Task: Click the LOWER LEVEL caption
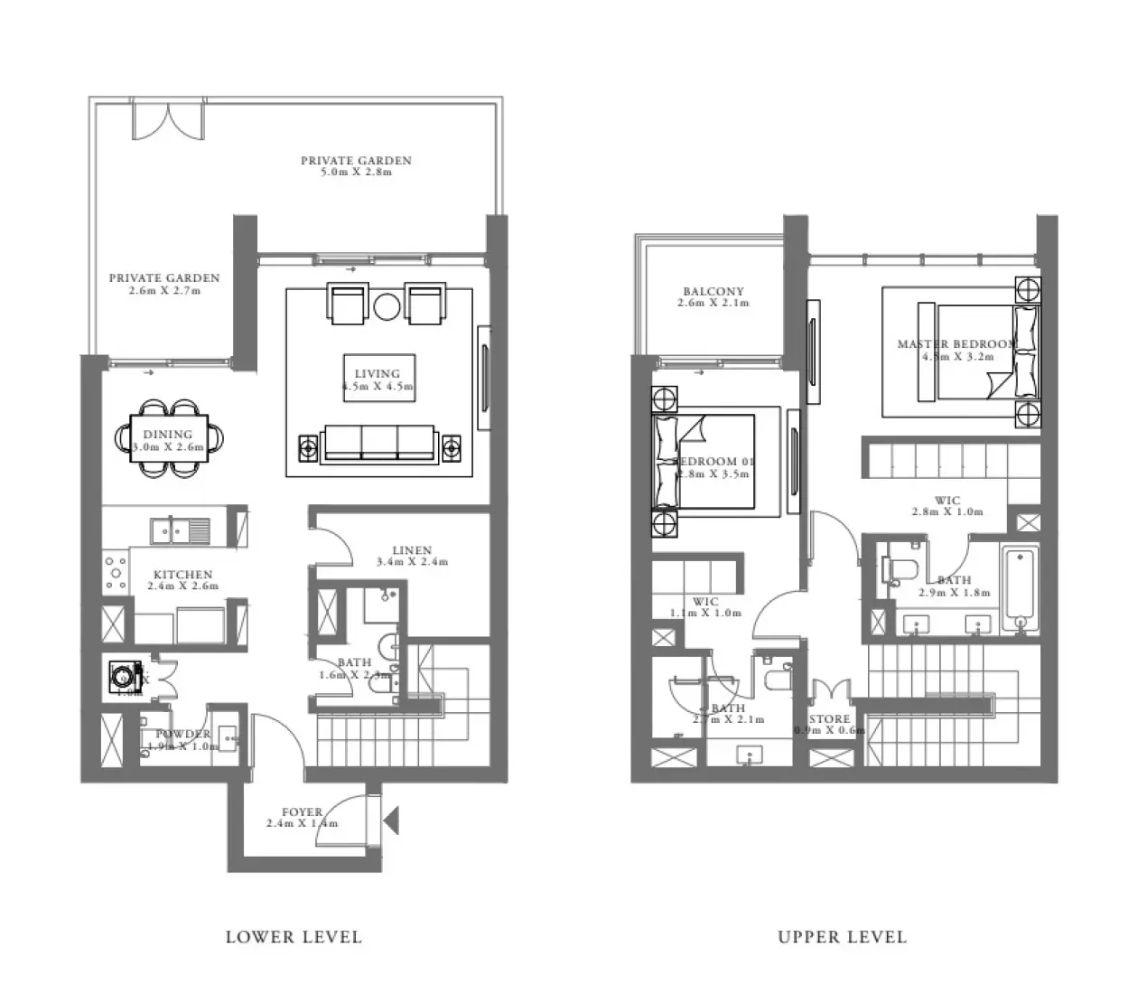point(294,937)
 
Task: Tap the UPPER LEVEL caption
point(842,937)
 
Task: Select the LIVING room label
point(378,373)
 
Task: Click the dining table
point(170,437)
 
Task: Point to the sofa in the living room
point(379,443)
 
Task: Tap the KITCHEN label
point(182,575)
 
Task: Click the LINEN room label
point(412,550)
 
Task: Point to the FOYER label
point(302,811)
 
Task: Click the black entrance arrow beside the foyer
point(391,821)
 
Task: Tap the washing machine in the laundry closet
point(122,674)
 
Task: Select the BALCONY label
point(713,292)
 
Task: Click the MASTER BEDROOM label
point(956,344)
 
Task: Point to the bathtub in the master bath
point(1021,584)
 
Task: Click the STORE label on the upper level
point(829,719)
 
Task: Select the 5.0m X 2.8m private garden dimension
point(358,172)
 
